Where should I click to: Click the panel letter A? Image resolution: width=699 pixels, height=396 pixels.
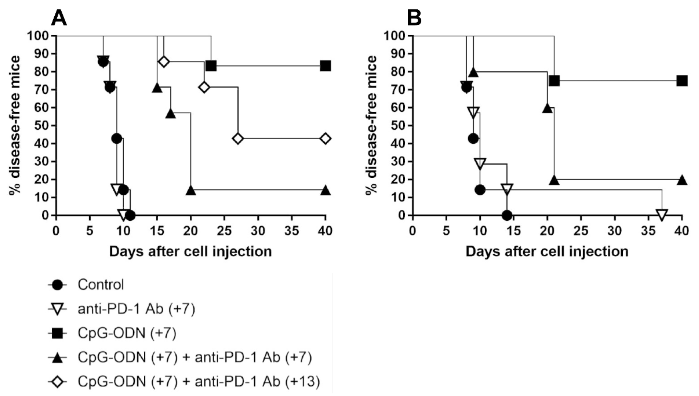pyautogui.click(x=59, y=18)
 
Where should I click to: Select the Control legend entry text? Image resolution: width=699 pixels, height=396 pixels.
pyautogui.click(x=101, y=285)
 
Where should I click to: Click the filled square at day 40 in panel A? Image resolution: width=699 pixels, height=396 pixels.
pyautogui.click(x=326, y=66)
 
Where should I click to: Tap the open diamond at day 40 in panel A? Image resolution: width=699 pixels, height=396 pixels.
pyautogui.click(x=326, y=138)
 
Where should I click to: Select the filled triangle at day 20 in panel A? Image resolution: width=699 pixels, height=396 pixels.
pyautogui.click(x=191, y=191)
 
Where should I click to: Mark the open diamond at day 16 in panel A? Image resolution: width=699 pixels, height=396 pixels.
pyautogui.click(x=164, y=62)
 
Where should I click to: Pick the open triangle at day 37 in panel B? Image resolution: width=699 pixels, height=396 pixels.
pyautogui.click(x=662, y=215)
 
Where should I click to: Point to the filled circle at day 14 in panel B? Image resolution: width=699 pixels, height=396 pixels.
pyautogui.click(x=507, y=215)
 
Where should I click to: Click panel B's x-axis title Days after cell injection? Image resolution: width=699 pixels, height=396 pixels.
pyautogui.click(x=547, y=252)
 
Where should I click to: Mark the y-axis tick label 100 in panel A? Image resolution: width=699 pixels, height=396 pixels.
pyautogui.click(x=38, y=36)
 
